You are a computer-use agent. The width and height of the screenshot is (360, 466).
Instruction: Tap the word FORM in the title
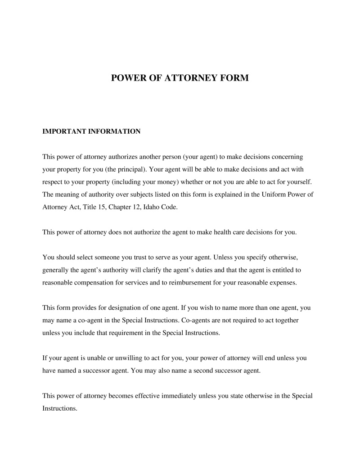click(x=235, y=78)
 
